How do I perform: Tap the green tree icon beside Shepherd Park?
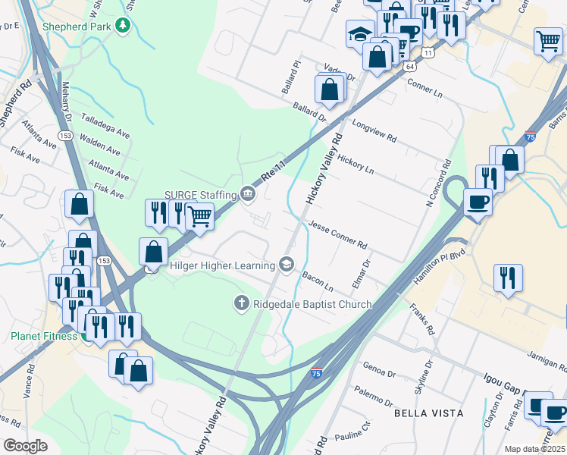point(124,27)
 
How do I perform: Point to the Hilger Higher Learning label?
point(223,265)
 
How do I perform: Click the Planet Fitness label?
point(43,336)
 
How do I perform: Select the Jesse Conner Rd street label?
point(337,236)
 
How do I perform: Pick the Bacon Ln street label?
point(318,282)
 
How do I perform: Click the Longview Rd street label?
point(374,129)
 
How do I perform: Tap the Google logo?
point(25,446)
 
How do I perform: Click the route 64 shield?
point(410,67)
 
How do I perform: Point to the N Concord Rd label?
point(438,183)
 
